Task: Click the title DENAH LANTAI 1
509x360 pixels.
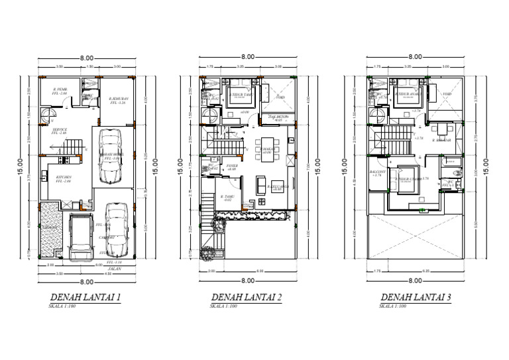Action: coord(85,298)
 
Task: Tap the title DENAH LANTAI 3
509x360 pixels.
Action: coord(416,298)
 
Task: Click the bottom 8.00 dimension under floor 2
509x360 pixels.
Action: coord(248,280)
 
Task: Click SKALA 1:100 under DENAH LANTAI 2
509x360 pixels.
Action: coord(223,306)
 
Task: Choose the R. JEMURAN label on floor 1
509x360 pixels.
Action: coord(119,101)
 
